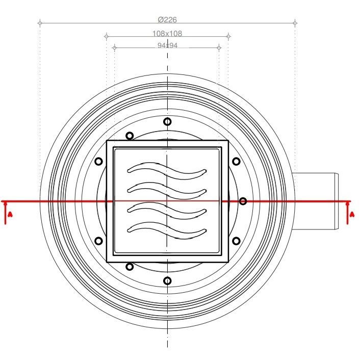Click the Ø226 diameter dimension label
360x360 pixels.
167,20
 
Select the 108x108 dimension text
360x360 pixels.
167,34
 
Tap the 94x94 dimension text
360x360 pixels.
167,45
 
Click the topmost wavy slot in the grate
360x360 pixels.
167,171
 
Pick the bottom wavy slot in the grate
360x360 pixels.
167,230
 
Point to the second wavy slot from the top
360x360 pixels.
167,191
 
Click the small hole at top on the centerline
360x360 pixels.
167,121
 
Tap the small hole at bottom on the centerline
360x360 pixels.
167,281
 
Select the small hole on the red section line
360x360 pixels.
243,201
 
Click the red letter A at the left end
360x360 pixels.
10,215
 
